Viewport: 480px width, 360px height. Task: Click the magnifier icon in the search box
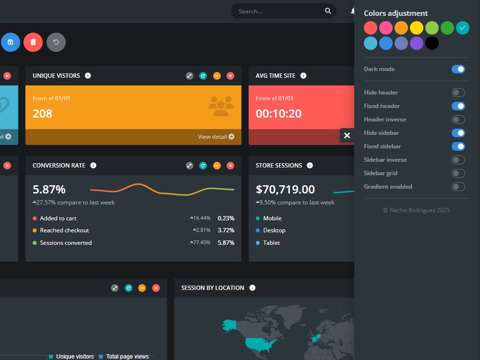click(x=328, y=11)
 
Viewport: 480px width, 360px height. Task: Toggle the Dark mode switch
click(x=458, y=69)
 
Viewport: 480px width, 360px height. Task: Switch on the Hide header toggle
click(x=458, y=93)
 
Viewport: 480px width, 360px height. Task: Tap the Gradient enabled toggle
click(x=458, y=187)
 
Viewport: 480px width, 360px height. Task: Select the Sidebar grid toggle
click(x=458, y=173)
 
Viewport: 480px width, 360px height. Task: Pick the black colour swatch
click(x=432, y=43)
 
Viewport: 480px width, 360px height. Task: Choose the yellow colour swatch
click(x=417, y=28)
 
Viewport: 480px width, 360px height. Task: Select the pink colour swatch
click(x=386, y=28)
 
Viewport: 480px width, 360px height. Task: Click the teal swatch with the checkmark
click(x=463, y=28)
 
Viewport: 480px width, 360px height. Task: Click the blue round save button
click(x=11, y=42)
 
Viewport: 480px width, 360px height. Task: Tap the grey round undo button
click(x=56, y=42)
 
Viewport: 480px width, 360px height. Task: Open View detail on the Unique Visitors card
click(x=216, y=136)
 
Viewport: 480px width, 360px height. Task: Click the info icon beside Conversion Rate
click(x=94, y=165)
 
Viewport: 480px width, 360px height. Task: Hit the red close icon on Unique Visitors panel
click(x=230, y=76)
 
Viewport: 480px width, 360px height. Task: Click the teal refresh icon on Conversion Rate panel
click(x=203, y=166)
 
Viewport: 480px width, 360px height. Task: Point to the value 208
click(x=43, y=114)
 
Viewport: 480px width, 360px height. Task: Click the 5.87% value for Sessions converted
click(x=226, y=243)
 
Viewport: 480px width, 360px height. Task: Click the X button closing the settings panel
click(x=347, y=135)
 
